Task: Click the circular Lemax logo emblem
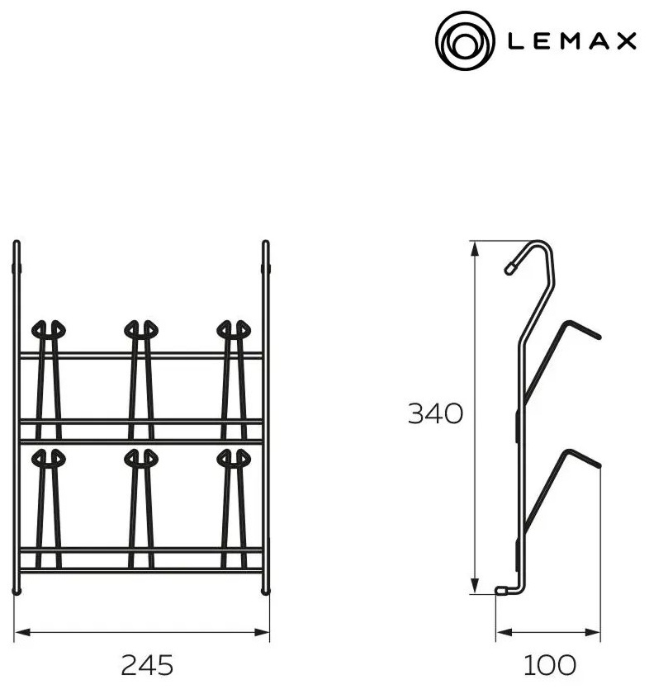click(465, 40)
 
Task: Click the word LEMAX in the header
click(572, 41)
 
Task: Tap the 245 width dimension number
click(147, 665)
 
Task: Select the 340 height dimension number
click(435, 413)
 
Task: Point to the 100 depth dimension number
click(550, 665)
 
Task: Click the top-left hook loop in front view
click(49, 329)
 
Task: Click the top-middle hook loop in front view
click(141, 329)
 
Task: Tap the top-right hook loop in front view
click(234, 329)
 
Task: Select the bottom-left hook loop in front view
click(49, 458)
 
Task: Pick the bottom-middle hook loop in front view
click(141, 458)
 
